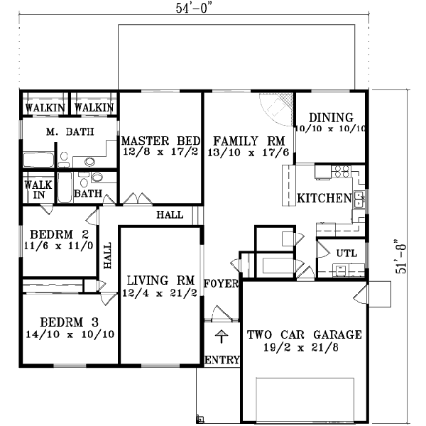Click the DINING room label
[330, 117]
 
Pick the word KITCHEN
[324, 197]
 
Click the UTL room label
[346, 253]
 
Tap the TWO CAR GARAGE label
[305, 334]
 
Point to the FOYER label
[221, 284]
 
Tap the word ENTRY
[222, 360]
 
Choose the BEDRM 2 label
[54, 234]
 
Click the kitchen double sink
[359, 200]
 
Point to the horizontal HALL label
[170, 214]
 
